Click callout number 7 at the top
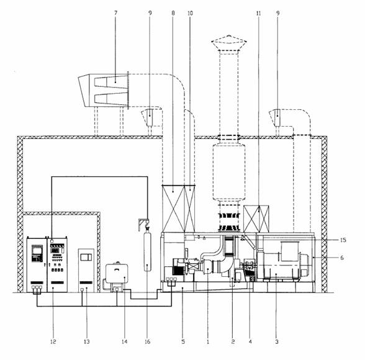116,13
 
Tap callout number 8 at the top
173,13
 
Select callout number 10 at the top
190,13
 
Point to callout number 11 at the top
258,13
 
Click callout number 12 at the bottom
53,341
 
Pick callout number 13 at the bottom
87,341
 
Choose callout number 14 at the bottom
125,341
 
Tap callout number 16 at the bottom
148,341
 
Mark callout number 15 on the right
343,240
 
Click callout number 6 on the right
341,258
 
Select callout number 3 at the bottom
277,341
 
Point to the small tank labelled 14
117,273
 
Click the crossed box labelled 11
256,218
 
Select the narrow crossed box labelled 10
190,209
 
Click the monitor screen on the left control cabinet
37,251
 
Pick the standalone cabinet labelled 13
86,271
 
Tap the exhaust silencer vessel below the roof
229,172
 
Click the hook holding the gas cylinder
147,225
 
